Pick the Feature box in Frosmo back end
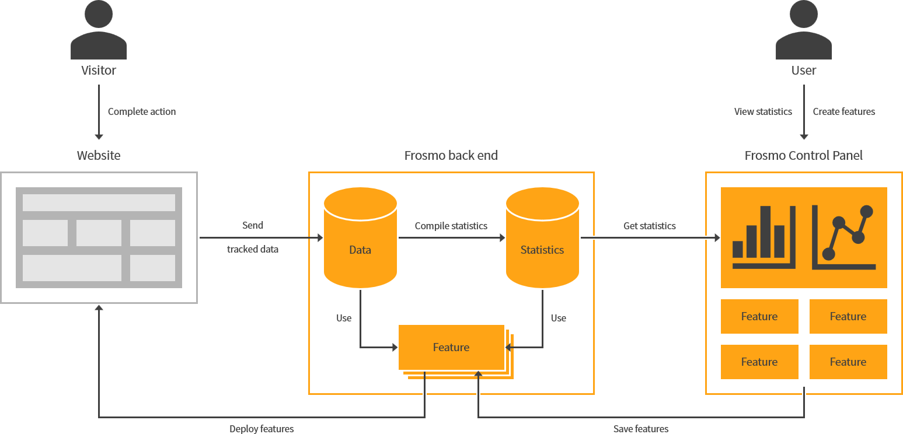click(x=451, y=347)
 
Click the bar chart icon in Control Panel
click(x=763, y=237)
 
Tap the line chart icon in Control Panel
click(x=844, y=237)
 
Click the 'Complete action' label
click(x=142, y=111)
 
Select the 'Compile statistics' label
click(x=451, y=226)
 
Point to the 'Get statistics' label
click(x=649, y=226)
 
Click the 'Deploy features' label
click(x=262, y=429)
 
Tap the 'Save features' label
click(x=640, y=429)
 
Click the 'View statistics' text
click(x=763, y=111)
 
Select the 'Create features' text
click(x=843, y=111)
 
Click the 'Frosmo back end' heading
click(x=451, y=156)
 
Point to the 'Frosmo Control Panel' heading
click(x=803, y=156)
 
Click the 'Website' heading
click(x=99, y=156)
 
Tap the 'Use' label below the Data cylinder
click(x=344, y=318)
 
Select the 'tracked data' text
click(x=252, y=249)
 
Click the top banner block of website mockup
click(x=99, y=202)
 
